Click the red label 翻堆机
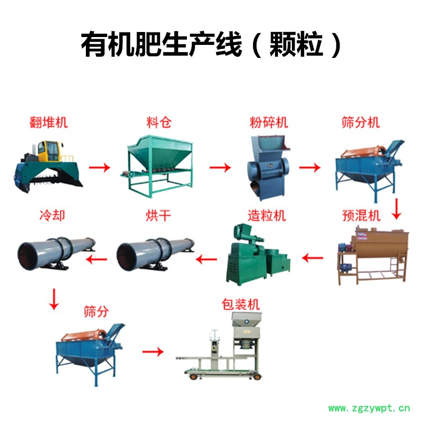click(x=49, y=122)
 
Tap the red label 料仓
click(x=159, y=122)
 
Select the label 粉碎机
click(x=269, y=122)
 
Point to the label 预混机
click(x=361, y=216)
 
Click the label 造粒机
click(x=267, y=216)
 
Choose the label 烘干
click(x=158, y=216)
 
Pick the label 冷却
click(x=52, y=216)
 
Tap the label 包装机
click(x=241, y=305)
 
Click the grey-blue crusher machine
click(x=268, y=167)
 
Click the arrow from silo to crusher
click(x=220, y=167)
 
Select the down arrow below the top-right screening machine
click(x=396, y=209)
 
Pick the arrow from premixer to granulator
click(x=313, y=258)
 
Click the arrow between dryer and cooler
click(x=97, y=259)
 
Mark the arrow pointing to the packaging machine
click(x=153, y=352)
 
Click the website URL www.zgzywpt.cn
click(x=369, y=409)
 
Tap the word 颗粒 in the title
click(x=296, y=44)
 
